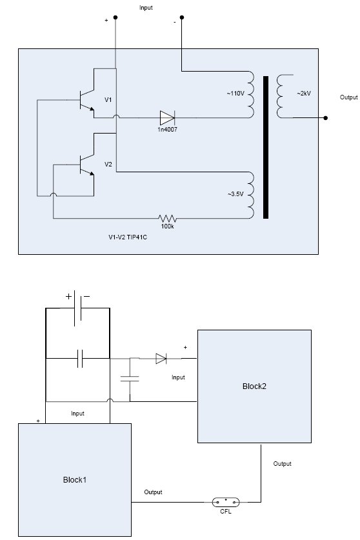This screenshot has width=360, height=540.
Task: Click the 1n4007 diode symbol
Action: click(168, 118)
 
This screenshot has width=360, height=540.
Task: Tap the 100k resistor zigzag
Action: click(168, 218)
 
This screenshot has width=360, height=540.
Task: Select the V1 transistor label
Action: click(108, 100)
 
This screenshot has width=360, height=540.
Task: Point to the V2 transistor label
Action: click(108, 165)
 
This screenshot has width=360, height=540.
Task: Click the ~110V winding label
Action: click(235, 94)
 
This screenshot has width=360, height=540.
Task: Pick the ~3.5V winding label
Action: click(235, 194)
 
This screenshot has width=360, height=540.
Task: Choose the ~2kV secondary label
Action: click(304, 94)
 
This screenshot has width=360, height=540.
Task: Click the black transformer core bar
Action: click(266, 147)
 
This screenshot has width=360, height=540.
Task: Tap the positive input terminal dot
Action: click(115, 17)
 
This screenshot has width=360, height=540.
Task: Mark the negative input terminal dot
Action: click(182, 17)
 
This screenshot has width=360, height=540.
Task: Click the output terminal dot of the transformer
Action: click(326, 118)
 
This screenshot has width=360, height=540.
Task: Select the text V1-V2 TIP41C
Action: click(128, 237)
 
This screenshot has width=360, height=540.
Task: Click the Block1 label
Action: click(75, 480)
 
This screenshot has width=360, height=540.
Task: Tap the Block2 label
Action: click(254, 386)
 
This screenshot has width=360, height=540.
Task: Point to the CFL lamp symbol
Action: click(226, 502)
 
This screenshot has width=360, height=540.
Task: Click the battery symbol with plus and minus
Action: click(77, 308)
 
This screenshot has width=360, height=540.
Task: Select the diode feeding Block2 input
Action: click(161, 359)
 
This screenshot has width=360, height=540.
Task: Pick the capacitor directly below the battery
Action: click(80, 359)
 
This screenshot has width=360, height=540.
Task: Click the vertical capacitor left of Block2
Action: click(130, 379)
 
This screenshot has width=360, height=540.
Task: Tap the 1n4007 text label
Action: click(168, 130)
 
